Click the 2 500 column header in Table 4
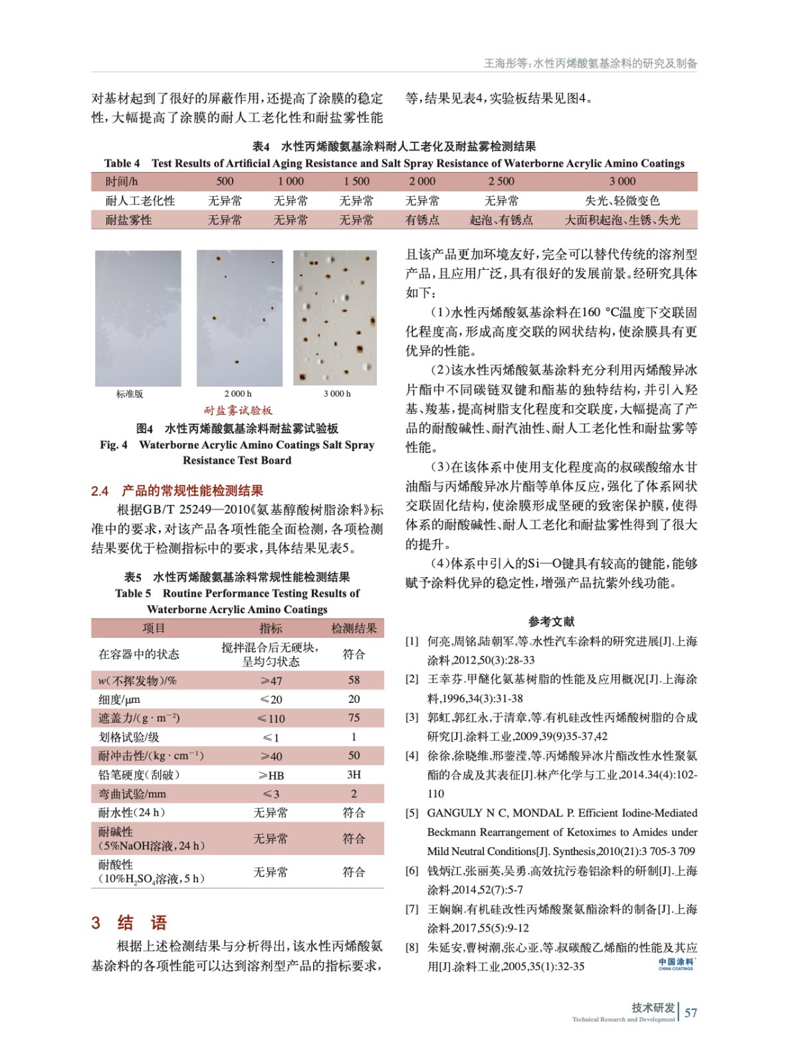point(501,181)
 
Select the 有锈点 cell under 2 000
point(422,220)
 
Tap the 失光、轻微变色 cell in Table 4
point(622,201)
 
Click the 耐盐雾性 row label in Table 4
point(128,220)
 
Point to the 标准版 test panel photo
point(138,318)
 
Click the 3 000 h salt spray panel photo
point(335,318)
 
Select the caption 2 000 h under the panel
point(238,394)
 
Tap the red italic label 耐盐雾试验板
point(238,411)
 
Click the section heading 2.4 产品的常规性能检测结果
point(177,491)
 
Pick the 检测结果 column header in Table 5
point(354,628)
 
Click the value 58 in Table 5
point(354,680)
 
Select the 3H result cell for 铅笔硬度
point(354,775)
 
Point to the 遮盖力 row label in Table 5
point(139,718)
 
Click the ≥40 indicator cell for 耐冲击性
point(271,756)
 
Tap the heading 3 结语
point(129,923)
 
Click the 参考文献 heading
point(551,622)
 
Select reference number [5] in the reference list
point(412,813)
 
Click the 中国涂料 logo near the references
point(676,964)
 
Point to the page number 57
point(691,1013)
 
